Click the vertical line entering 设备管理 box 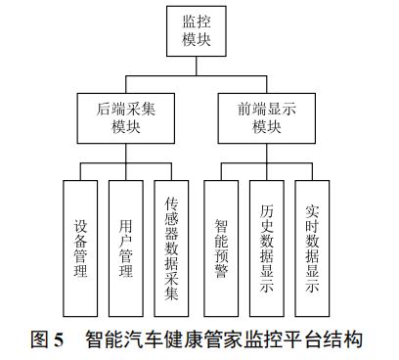point(80,171)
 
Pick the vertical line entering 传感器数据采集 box point(172,171)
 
